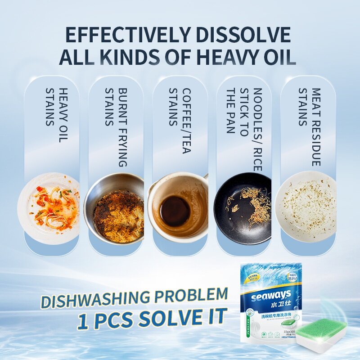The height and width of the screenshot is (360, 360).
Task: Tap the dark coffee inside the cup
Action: [175, 211]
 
